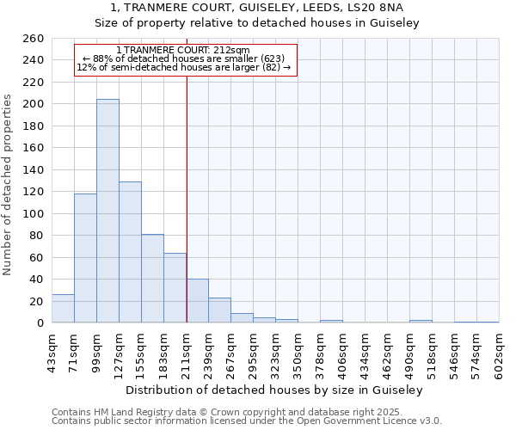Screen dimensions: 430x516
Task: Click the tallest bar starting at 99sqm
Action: pos(107,211)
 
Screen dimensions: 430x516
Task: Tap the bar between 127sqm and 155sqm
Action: pos(130,252)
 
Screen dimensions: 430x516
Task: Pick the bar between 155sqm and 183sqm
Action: pos(152,278)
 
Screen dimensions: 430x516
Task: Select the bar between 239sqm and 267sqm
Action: pos(219,310)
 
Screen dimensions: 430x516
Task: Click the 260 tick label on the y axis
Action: pos(33,39)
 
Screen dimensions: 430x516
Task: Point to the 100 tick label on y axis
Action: pos(33,213)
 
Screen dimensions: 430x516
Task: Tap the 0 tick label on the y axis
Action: pos(40,323)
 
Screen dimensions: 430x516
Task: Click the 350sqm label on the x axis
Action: pos(298,353)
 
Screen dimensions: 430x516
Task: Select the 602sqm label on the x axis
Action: pos(499,353)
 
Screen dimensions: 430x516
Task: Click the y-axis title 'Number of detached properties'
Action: pos(9,181)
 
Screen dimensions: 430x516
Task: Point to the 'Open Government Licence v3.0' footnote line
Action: pos(247,421)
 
